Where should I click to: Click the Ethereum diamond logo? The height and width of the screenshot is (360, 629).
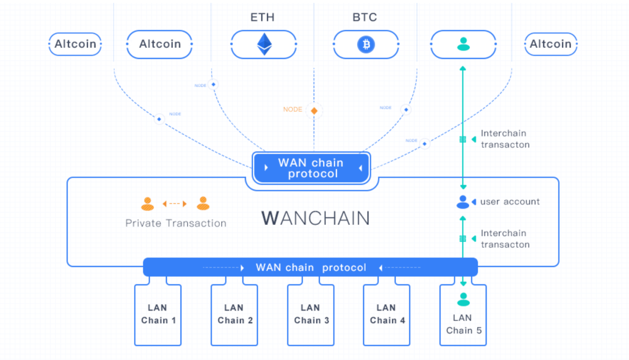tap(264, 44)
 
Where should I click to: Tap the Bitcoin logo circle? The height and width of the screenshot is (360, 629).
tap(366, 44)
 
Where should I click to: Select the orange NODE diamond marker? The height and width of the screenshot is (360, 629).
tap(314, 111)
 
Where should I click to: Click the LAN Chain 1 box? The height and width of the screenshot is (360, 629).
tap(158, 315)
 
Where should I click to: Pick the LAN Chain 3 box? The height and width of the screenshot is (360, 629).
tap(311, 315)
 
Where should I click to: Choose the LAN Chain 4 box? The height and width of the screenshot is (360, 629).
tap(387, 315)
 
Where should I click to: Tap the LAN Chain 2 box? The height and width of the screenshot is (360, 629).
tap(235, 315)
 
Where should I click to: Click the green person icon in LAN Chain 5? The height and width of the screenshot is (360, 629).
tap(463, 299)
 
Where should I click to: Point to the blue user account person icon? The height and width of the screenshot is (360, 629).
tap(463, 202)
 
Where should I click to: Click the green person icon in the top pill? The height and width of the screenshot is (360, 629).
tap(463, 44)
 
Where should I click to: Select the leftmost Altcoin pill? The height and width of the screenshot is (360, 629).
tap(75, 44)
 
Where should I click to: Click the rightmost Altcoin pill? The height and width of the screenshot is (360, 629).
tap(550, 44)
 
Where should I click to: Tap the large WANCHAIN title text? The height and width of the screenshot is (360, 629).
tap(315, 218)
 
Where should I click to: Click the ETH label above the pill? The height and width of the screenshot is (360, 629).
tap(262, 17)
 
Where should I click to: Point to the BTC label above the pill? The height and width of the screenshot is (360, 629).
tap(364, 17)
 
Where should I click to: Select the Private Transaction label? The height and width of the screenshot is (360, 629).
tap(176, 223)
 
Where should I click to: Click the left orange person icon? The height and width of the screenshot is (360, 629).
tap(147, 204)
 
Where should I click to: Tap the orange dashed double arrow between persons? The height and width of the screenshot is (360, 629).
tap(175, 204)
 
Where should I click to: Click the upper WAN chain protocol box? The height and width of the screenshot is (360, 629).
tap(312, 168)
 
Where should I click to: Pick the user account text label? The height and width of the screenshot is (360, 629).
tap(510, 202)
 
